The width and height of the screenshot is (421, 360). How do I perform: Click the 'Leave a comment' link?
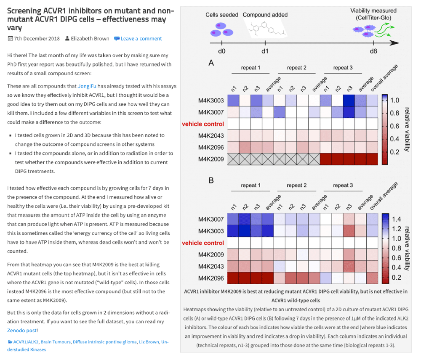[141, 39]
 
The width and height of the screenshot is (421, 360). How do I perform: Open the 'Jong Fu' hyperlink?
[87, 86]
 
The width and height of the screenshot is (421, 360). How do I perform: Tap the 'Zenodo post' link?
[22, 331]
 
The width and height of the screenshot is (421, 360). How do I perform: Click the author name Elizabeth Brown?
[90, 39]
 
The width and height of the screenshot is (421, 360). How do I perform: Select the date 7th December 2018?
[37, 39]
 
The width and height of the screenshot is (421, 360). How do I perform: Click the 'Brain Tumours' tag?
[56, 342]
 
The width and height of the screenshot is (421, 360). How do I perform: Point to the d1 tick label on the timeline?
[265, 51]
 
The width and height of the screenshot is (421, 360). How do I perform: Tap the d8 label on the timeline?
[373, 51]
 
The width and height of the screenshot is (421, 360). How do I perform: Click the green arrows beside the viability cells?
[385, 30]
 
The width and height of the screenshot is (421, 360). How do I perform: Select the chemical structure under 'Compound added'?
[267, 29]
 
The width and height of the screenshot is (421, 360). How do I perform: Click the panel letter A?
[211, 63]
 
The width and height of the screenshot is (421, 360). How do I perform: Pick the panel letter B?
[211, 180]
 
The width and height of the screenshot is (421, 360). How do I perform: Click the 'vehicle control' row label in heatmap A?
[203, 124]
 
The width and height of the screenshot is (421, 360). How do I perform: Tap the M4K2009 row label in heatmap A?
[211, 159]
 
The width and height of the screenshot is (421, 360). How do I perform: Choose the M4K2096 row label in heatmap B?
[211, 278]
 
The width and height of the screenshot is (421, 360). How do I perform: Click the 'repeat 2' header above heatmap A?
[297, 68]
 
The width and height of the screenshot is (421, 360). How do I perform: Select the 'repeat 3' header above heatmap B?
[343, 185]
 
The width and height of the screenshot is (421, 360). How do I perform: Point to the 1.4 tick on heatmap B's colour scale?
[396, 219]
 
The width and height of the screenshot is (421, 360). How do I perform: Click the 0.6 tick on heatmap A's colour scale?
[394, 126]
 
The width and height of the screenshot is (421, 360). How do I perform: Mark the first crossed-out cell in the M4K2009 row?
[233, 159]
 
